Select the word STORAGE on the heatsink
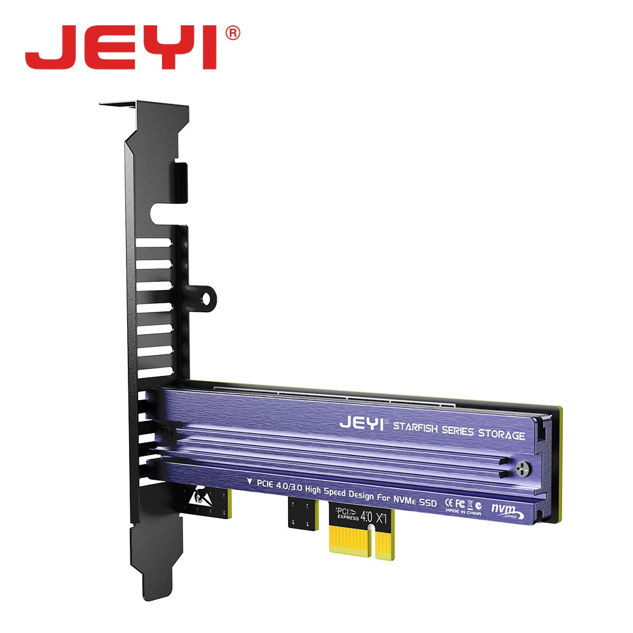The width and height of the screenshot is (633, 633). pyautogui.click(x=500, y=435)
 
